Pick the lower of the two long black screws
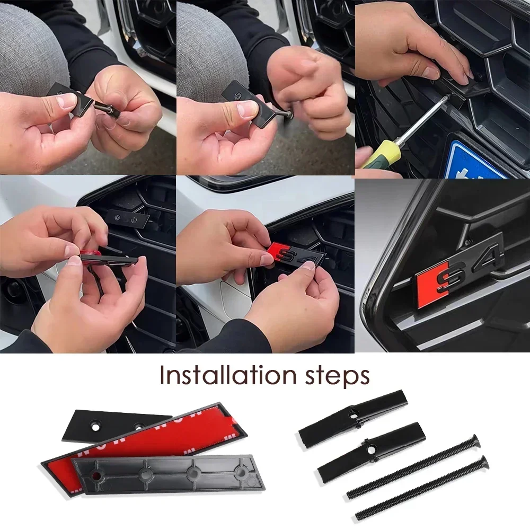pos(421,488)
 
